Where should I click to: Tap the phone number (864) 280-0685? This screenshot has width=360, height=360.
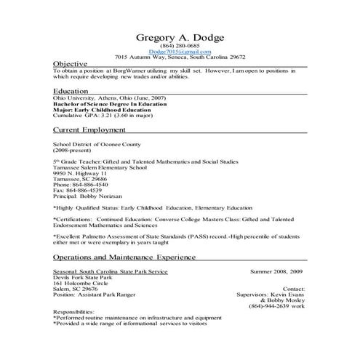180,47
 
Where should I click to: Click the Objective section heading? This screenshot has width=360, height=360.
71,63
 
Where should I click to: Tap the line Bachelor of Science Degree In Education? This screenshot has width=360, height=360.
109,104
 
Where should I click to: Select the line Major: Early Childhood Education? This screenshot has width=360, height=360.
101,110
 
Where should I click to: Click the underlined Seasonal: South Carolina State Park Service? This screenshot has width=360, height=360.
110,271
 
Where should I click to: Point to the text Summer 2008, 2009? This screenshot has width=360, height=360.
276,271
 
